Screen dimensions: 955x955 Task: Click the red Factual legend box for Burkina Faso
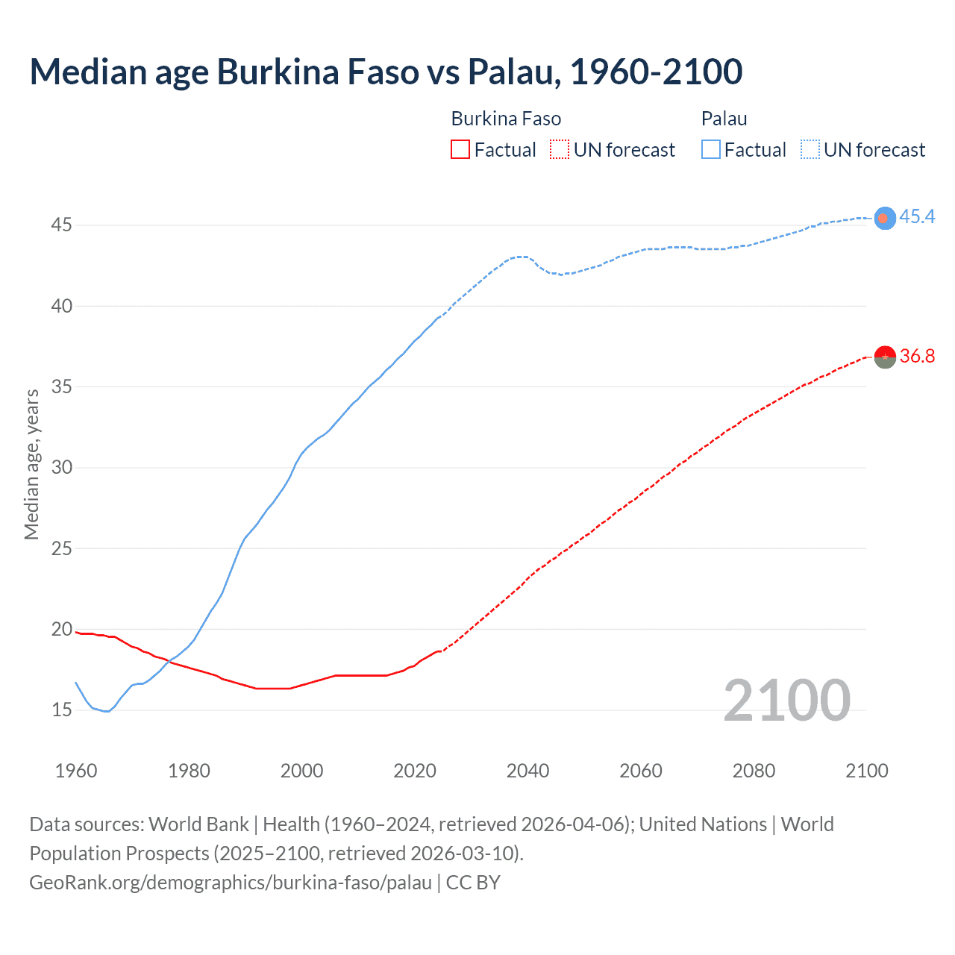click(x=460, y=150)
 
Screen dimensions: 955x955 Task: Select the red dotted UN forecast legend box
click(x=560, y=150)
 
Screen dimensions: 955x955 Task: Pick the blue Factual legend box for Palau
click(x=711, y=150)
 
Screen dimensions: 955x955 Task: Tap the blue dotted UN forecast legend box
click(x=810, y=150)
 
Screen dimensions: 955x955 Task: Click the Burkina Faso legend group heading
click(x=506, y=119)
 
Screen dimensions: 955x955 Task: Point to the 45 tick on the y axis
click(x=61, y=225)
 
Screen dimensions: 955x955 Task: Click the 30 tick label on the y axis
click(x=61, y=468)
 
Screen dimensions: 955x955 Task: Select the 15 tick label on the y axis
click(x=61, y=710)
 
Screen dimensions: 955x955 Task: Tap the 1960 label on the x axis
click(x=76, y=771)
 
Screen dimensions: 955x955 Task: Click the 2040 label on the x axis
click(x=527, y=771)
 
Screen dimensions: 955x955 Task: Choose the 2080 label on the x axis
click(x=754, y=771)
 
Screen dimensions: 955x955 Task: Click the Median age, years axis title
click(x=31, y=464)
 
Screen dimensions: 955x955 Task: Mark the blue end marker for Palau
click(x=884, y=218)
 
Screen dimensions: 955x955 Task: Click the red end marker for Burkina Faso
click(x=884, y=357)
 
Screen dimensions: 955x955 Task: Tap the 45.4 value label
click(x=917, y=216)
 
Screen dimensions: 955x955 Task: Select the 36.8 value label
click(x=917, y=356)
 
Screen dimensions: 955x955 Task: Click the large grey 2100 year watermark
click(x=786, y=700)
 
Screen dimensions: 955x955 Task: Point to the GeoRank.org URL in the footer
click(x=230, y=883)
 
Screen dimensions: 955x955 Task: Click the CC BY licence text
click(x=473, y=883)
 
